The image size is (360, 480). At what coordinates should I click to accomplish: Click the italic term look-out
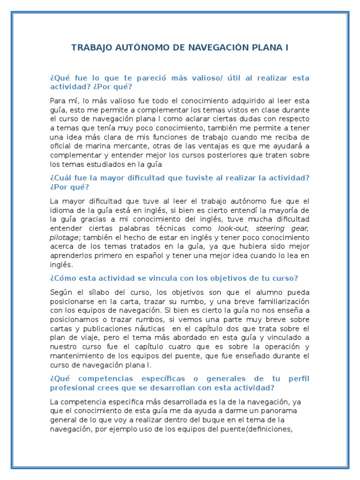point(232,228)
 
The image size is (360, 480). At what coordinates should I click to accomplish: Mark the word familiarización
point(279,301)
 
